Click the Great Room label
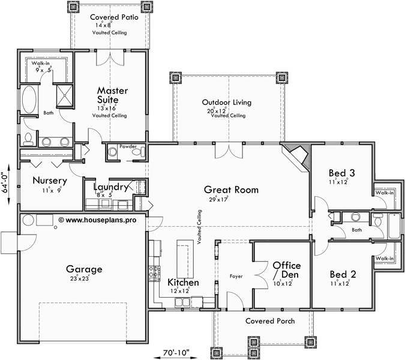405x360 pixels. click(x=233, y=190)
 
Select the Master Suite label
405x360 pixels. click(x=112, y=95)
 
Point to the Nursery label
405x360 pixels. click(x=49, y=180)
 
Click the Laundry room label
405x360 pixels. click(x=110, y=187)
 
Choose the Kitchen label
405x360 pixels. click(x=183, y=282)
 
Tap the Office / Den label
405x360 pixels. click(x=286, y=269)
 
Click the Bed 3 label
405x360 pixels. click(x=342, y=173)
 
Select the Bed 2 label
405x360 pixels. click(x=343, y=274)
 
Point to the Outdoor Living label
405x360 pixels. click(x=226, y=103)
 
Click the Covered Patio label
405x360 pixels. click(x=114, y=17)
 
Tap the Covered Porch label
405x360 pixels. click(x=270, y=321)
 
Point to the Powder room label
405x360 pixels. click(x=128, y=146)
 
